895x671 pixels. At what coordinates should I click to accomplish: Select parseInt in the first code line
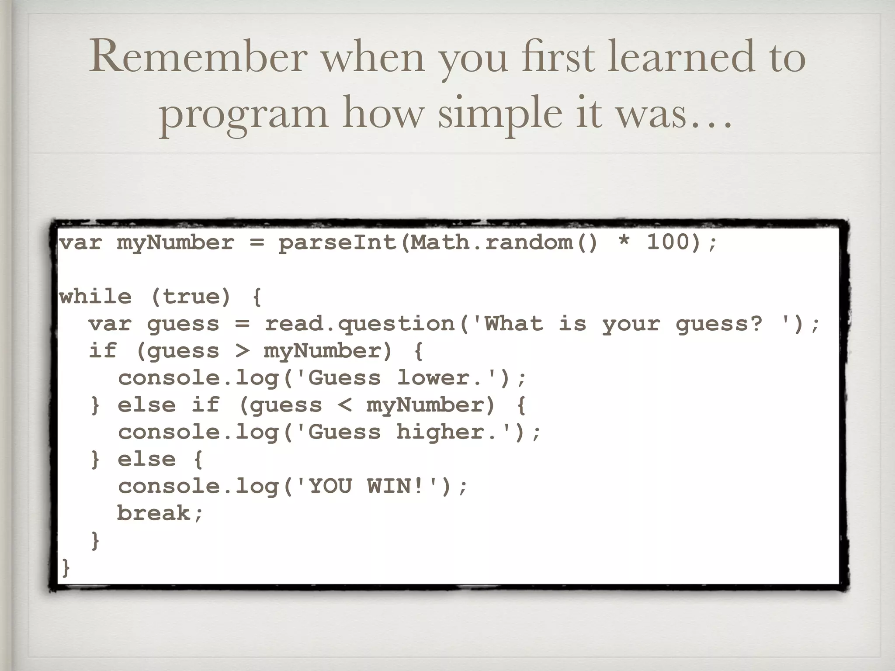pos(337,243)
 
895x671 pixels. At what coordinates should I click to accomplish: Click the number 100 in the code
pos(668,242)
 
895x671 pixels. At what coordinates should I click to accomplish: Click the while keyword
pos(95,297)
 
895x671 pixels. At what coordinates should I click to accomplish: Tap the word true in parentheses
pos(191,297)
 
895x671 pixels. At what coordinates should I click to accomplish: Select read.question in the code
pos(359,325)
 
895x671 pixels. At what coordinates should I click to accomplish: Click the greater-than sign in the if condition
pos(242,351)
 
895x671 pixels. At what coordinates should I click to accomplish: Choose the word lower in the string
pos(433,378)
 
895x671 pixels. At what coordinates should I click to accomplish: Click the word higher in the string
pos(440,432)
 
